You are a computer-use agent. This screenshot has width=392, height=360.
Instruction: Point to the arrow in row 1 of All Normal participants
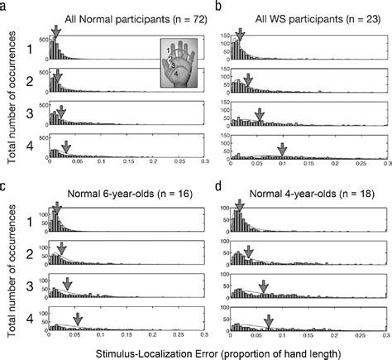tap(55, 31)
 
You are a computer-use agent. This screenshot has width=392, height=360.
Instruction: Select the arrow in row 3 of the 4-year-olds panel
tap(264, 286)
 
